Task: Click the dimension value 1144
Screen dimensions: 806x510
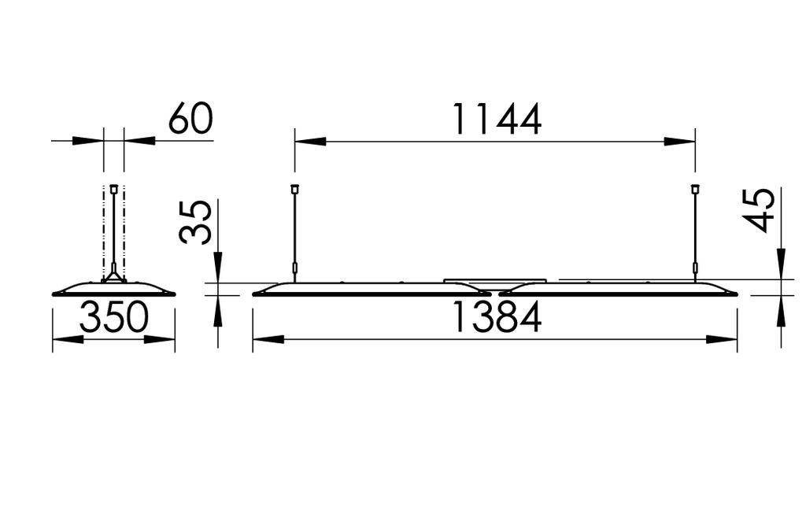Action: click(496, 120)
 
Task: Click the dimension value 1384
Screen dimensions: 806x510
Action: click(496, 319)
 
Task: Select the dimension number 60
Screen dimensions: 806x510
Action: click(190, 120)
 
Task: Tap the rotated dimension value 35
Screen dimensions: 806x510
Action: click(196, 222)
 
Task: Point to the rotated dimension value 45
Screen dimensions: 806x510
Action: click(760, 210)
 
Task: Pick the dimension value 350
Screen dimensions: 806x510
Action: click(115, 319)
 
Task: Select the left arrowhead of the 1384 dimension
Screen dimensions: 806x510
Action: click(268, 340)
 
